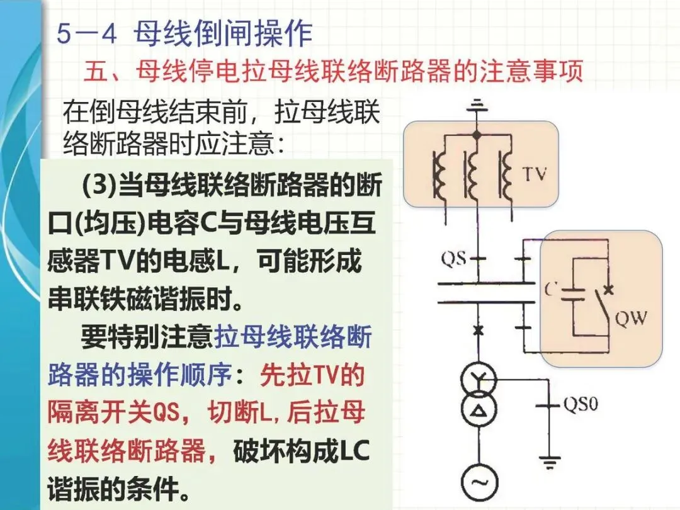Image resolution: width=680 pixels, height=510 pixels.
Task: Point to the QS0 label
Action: coord(580,404)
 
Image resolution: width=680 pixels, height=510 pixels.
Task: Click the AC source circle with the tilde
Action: coord(477,482)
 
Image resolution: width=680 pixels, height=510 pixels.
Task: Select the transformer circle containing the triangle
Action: coord(477,411)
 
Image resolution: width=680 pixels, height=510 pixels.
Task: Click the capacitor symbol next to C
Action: coord(574,293)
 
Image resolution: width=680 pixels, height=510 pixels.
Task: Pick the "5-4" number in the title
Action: coord(87,35)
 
